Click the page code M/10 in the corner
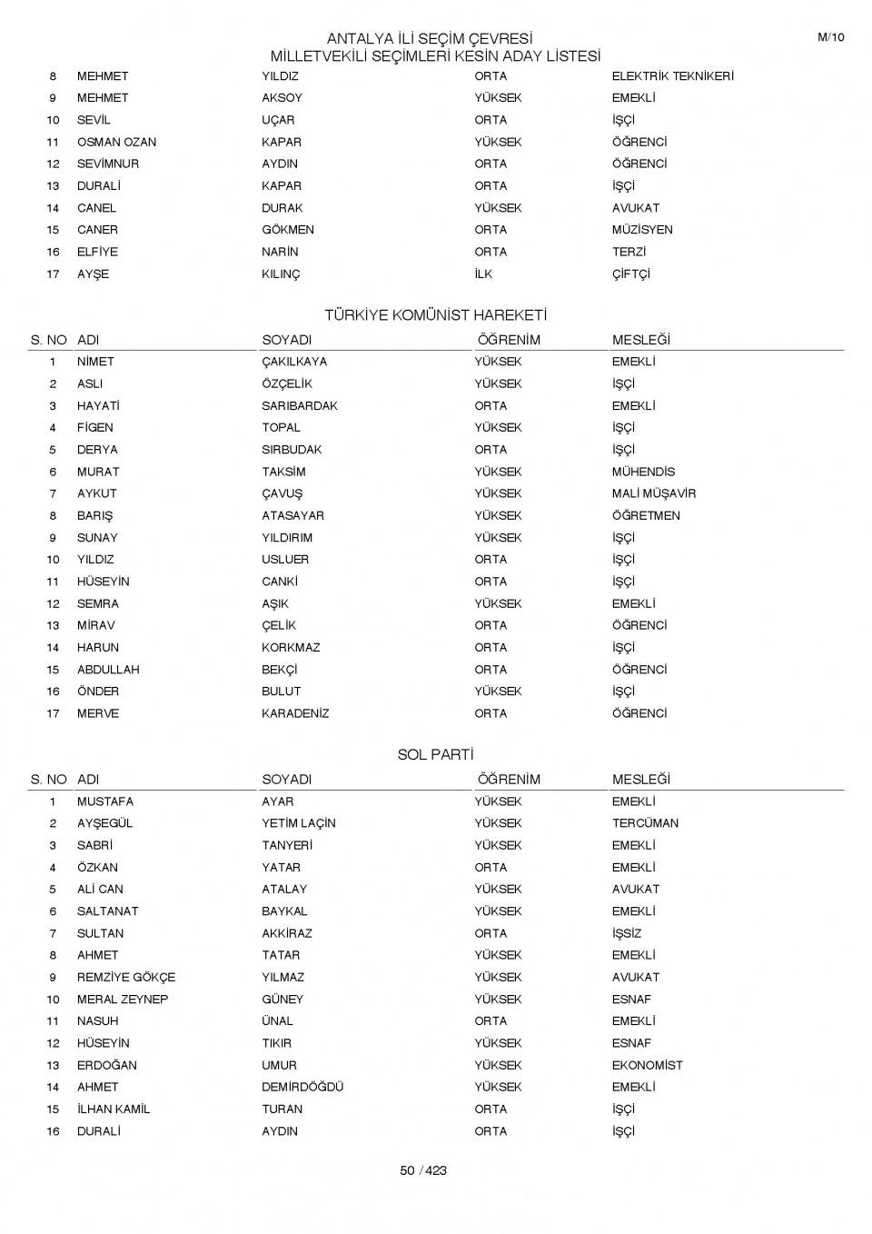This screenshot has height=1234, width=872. click(x=830, y=37)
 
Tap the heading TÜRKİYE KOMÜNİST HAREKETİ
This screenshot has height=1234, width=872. click(x=436, y=315)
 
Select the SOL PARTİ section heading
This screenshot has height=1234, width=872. click(x=436, y=755)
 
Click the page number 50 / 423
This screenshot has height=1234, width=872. click(x=423, y=1170)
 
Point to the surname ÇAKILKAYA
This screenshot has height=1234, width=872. click(x=294, y=362)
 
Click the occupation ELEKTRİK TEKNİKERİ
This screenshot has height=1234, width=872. click(x=672, y=76)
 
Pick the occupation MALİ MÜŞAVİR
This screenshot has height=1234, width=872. click(x=653, y=493)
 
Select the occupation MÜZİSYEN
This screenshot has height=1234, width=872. click(x=642, y=230)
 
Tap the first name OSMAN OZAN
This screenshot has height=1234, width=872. click(x=116, y=142)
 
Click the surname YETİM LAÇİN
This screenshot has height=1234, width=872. click(x=299, y=823)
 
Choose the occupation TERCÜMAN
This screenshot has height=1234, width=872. click(x=645, y=823)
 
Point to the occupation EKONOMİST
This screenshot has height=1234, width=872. click(x=647, y=1065)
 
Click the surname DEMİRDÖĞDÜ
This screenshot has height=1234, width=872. click(x=302, y=1087)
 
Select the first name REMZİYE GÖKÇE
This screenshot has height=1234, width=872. click(x=126, y=977)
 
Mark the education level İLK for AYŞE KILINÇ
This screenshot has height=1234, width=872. click(x=483, y=274)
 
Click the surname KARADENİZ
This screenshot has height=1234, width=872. click(x=295, y=713)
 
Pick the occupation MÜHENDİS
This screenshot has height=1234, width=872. click(x=643, y=472)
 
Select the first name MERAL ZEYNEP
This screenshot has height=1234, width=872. click(x=123, y=999)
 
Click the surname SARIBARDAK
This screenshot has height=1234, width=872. click(x=300, y=406)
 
